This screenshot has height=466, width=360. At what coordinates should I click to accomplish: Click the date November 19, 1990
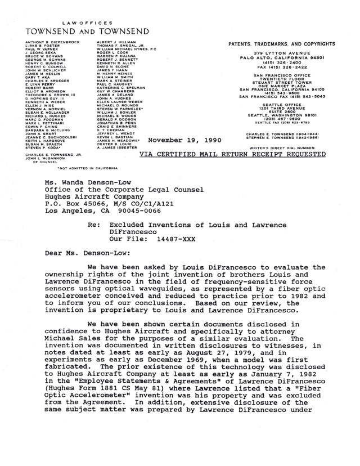coord(183,141)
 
